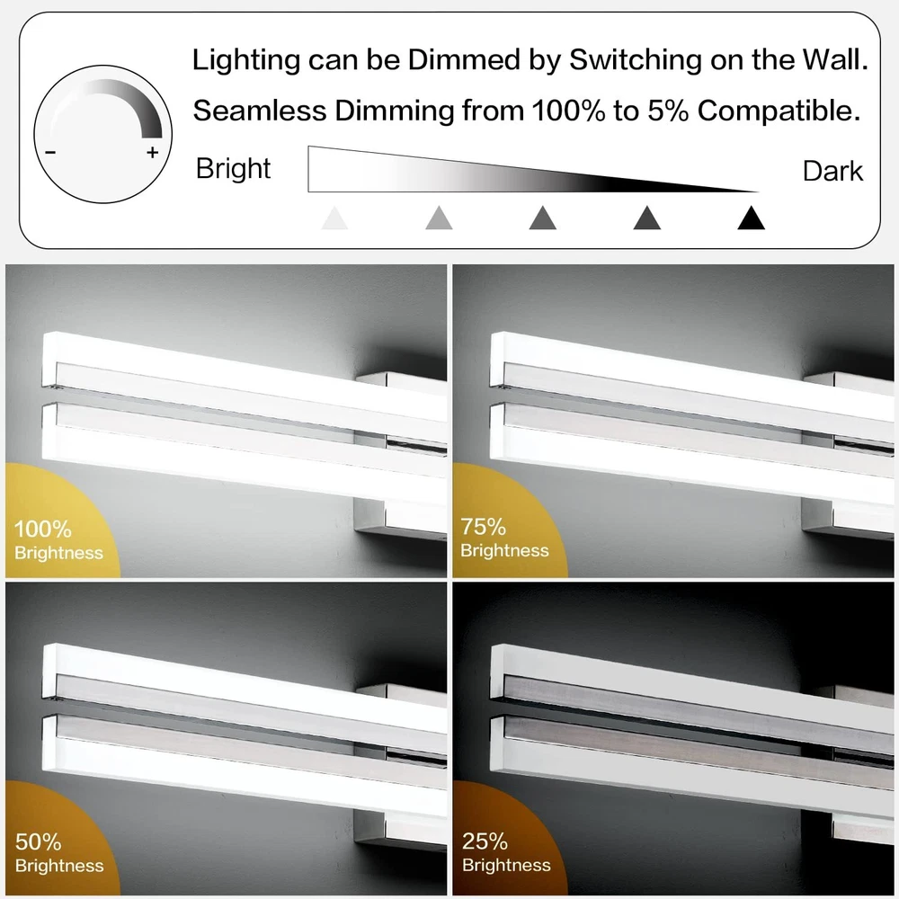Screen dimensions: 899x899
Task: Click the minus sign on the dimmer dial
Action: (x=50, y=153)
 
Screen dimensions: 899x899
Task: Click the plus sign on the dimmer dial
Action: (x=153, y=153)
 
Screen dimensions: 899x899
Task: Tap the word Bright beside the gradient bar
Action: (x=233, y=169)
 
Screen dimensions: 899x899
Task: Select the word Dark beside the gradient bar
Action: (x=832, y=171)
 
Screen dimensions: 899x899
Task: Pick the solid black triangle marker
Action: (x=751, y=218)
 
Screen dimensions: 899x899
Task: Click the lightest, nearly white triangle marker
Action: (x=334, y=218)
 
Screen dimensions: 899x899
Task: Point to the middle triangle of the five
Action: (x=543, y=218)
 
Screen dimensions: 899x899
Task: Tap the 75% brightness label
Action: (x=504, y=538)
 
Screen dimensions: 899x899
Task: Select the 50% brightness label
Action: (x=59, y=853)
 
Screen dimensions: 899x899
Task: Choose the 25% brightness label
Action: (x=506, y=852)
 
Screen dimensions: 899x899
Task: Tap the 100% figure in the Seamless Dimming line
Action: (x=568, y=110)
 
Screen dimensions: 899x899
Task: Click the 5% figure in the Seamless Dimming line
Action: (x=668, y=110)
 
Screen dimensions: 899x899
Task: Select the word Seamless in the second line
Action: (x=260, y=110)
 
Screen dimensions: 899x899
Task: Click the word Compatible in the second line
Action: (x=779, y=110)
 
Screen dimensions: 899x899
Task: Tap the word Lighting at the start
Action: (x=246, y=60)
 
